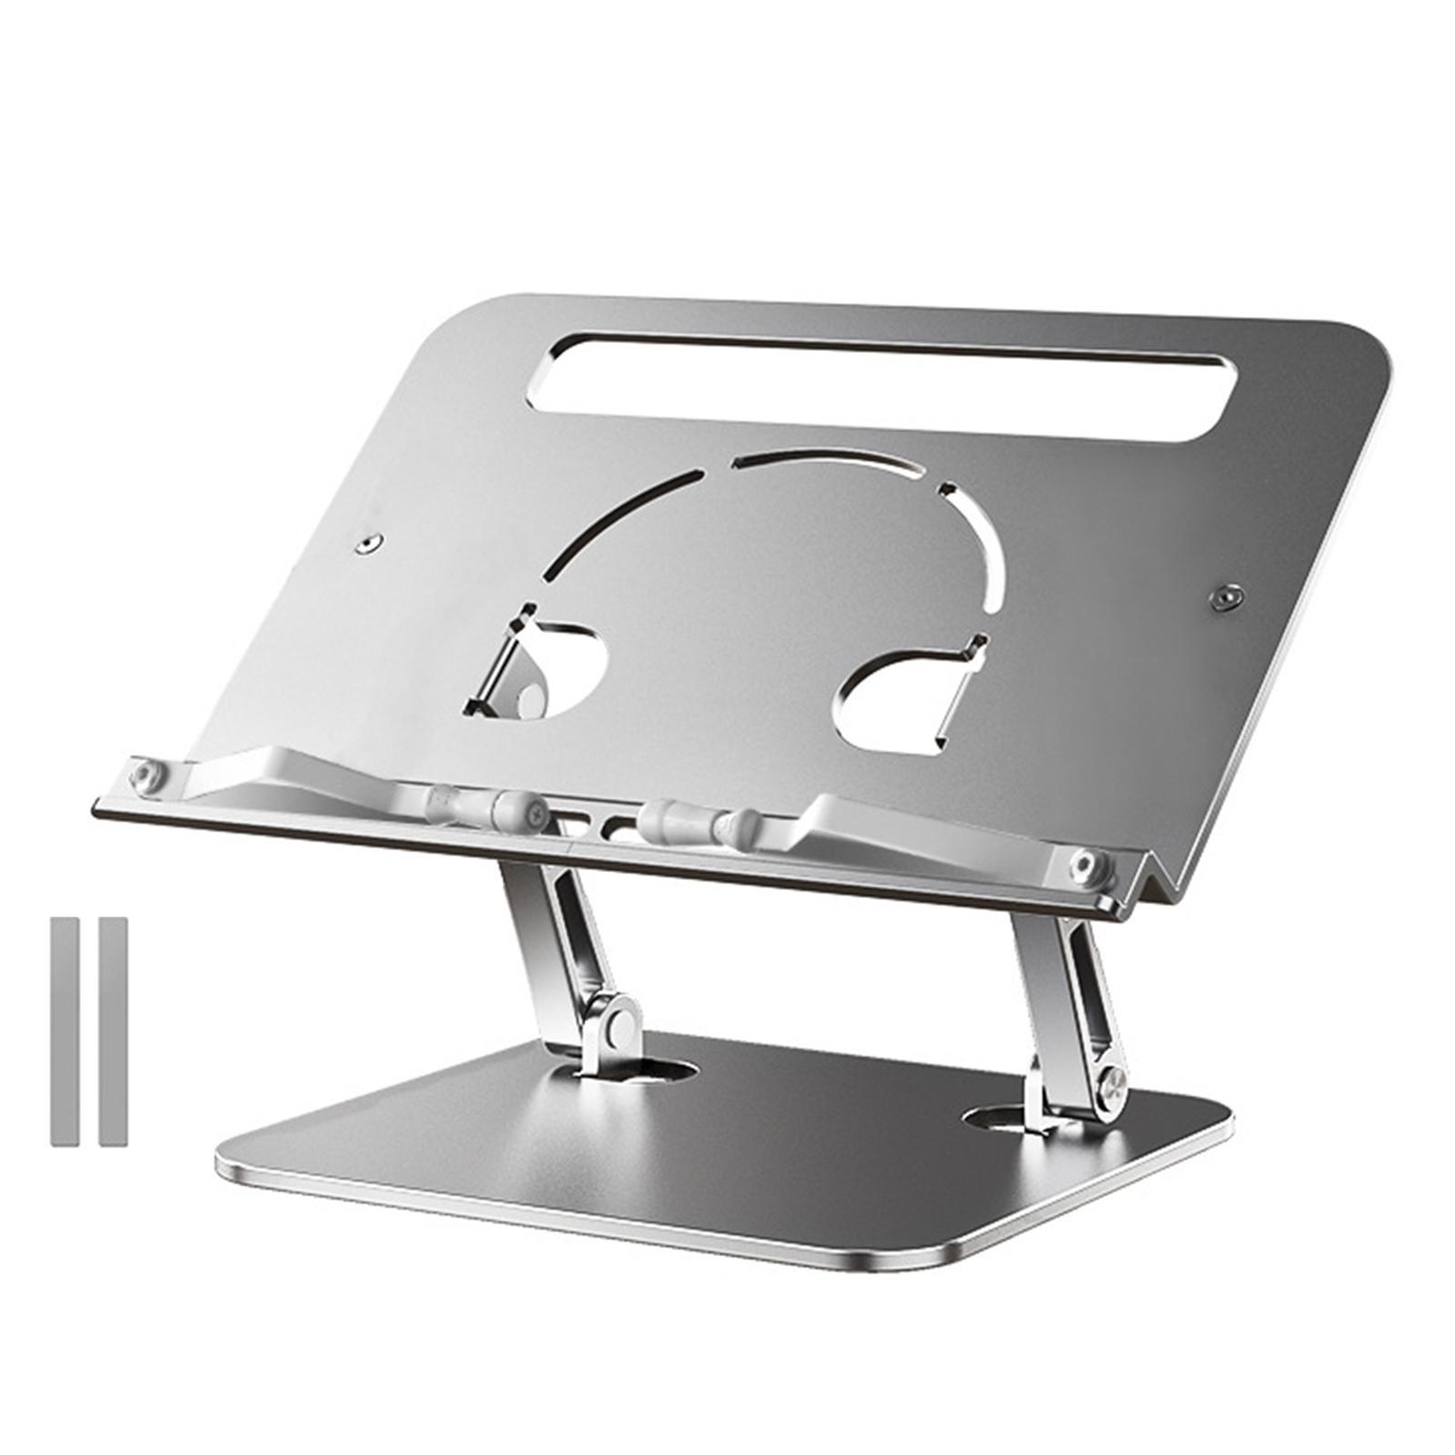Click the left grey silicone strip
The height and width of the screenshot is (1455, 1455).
click(64, 1031)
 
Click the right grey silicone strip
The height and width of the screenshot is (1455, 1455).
click(113, 1031)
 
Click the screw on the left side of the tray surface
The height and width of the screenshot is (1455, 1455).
click(367, 543)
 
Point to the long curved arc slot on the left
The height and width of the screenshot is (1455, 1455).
click(618, 518)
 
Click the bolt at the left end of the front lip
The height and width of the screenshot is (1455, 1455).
click(145, 776)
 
